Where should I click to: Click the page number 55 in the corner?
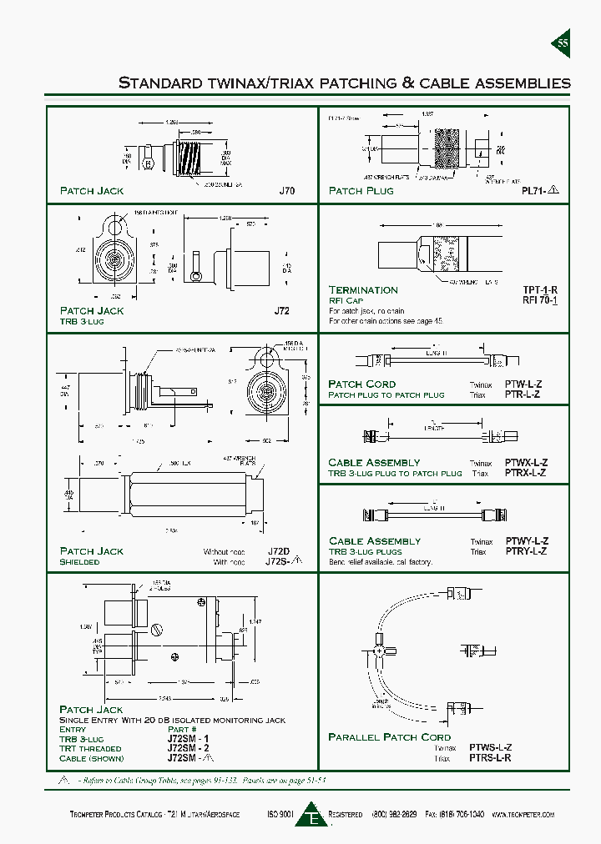[563, 43]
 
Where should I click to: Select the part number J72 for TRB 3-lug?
[282, 311]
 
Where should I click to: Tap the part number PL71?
[535, 191]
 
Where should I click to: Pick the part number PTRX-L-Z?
[526, 473]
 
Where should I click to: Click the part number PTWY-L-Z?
[526, 541]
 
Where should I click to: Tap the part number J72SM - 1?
[189, 739]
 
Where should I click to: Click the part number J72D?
[279, 552]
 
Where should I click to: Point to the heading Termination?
[363, 289]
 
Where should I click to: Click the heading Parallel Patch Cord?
[389, 737]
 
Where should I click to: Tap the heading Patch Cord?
[361, 384]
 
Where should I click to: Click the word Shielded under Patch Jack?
[79, 562]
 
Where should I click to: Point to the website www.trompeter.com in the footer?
[523, 814]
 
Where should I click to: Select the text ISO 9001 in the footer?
[280, 814]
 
